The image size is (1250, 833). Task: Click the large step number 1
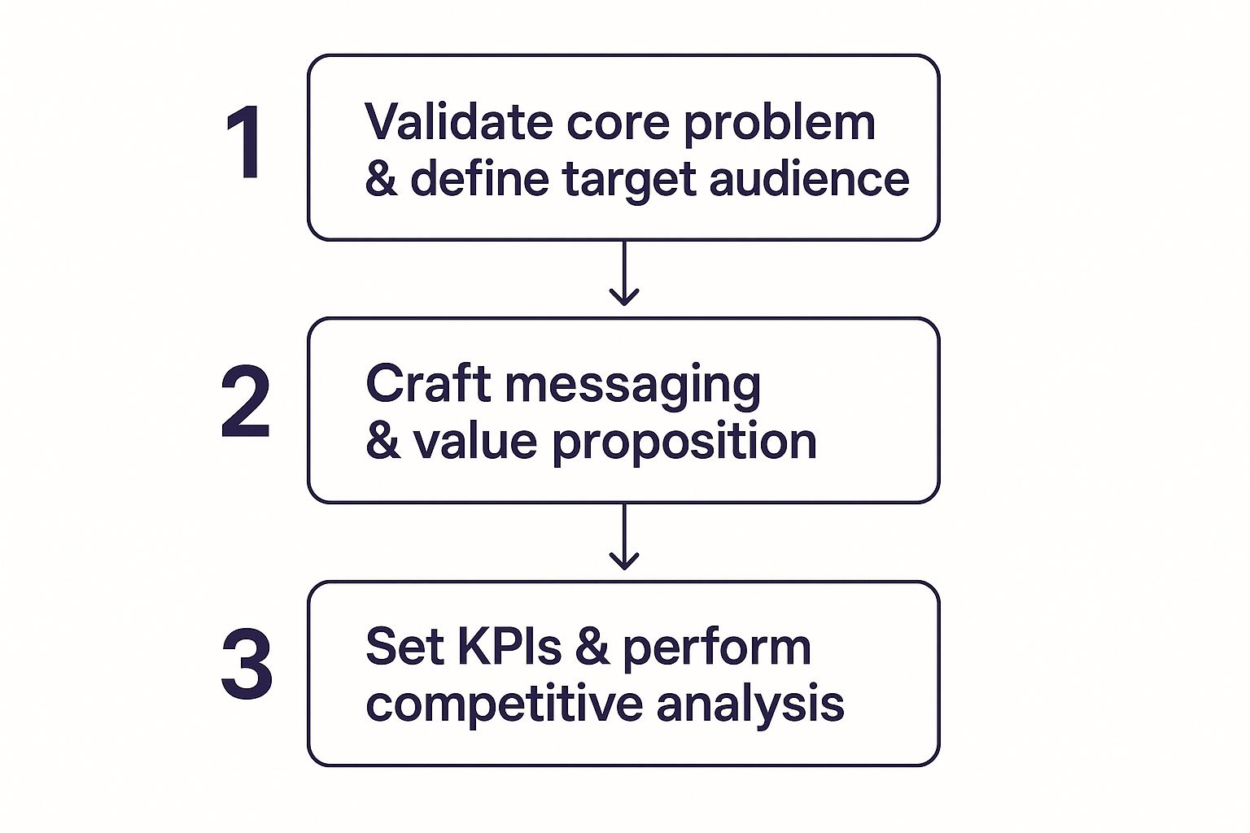coord(244,142)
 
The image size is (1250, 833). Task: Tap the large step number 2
coord(245,403)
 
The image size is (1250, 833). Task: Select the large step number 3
coord(247,665)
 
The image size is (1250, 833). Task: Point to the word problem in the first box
coord(779,124)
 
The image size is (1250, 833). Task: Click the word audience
coord(809,178)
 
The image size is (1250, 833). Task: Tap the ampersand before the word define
coord(381,178)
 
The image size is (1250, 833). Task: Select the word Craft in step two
coord(428,384)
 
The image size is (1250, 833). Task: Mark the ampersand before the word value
coord(382,441)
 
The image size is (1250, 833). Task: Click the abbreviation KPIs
coord(509,648)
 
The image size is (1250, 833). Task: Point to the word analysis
coord(750,705)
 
